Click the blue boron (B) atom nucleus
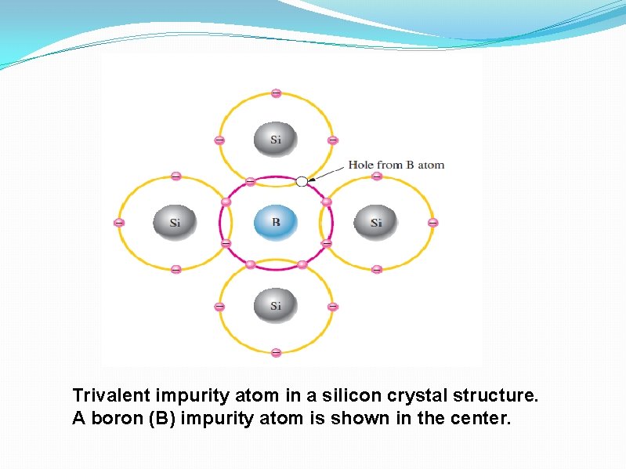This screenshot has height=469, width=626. [x=276, y=223]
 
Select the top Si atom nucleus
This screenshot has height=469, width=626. [x=275, y=140]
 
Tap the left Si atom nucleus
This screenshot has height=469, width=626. [x=174, y=223]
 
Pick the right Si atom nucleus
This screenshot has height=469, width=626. [x=376, y=223]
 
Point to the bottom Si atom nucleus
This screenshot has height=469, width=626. [x=275, y=305]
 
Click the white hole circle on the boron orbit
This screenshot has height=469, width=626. [x=302, y=181]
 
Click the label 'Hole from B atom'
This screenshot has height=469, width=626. [x=396, y=165]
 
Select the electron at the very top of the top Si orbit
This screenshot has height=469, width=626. [x=276, y=93]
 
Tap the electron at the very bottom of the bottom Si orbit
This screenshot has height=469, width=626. [x=276, y=352]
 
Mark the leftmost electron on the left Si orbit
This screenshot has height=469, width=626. [x=119, y=223]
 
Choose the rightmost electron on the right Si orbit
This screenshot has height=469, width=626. [x=432, y=223]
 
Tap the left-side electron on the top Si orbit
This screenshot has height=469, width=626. [x=219, y=140]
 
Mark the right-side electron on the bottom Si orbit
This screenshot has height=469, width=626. [x=332, y=306]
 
